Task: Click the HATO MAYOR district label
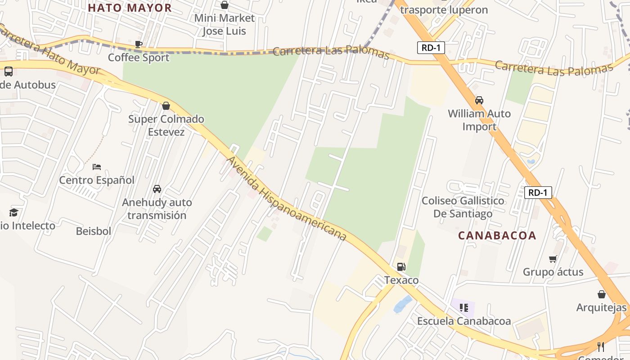click(130, 8)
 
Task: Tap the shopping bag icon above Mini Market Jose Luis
click(225, 5)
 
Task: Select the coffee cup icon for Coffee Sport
click(139, 44)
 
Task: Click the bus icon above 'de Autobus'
click(9, 72)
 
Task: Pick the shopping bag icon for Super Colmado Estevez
click(166, 106)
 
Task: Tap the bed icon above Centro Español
click(97, 167)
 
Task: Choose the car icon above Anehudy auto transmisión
click(157, 189)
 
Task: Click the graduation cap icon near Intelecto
click(13, 212)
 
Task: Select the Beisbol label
click(94, 231)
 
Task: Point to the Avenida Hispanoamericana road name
click(287, 198)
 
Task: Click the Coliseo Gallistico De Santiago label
click(463, 207)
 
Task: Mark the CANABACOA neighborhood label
click(497, 235)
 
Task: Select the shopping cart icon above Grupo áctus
click(553, 259)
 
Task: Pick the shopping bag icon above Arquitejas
click(602, 294)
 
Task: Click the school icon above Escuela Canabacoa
click(464, 308)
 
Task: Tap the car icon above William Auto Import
click(479, 100)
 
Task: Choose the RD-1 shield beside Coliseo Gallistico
click(538, 193)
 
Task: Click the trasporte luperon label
click(444, 10)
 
